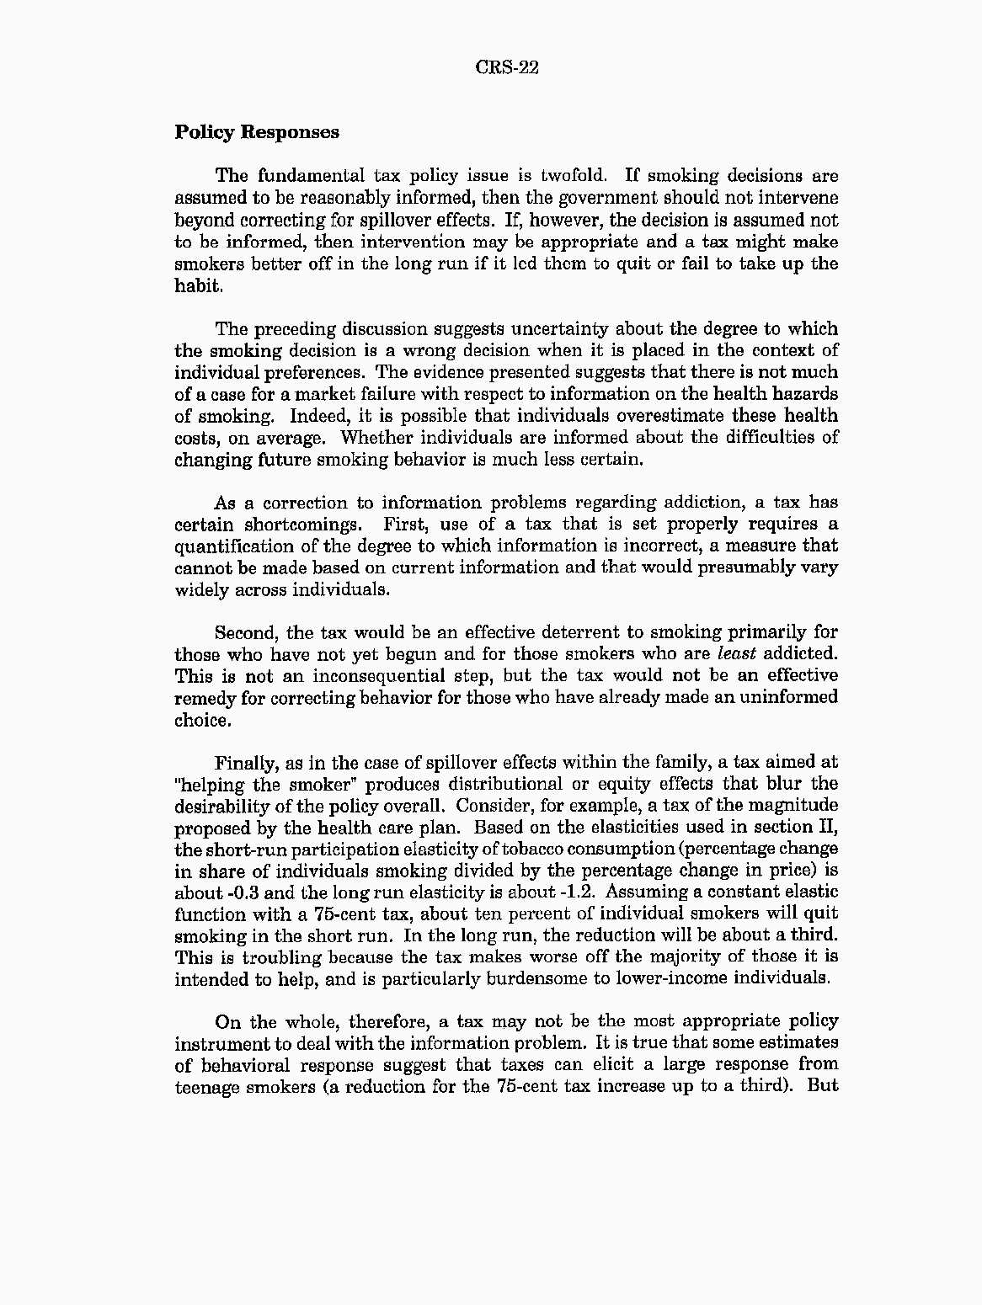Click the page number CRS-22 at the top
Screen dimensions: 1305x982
[507, 67]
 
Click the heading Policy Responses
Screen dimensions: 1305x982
[257, 132]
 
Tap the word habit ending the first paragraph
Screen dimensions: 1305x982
[198, 285]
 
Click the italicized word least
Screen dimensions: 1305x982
[735, 654]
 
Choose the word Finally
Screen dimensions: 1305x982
[245, 764]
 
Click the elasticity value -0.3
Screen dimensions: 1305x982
[244, 892]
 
